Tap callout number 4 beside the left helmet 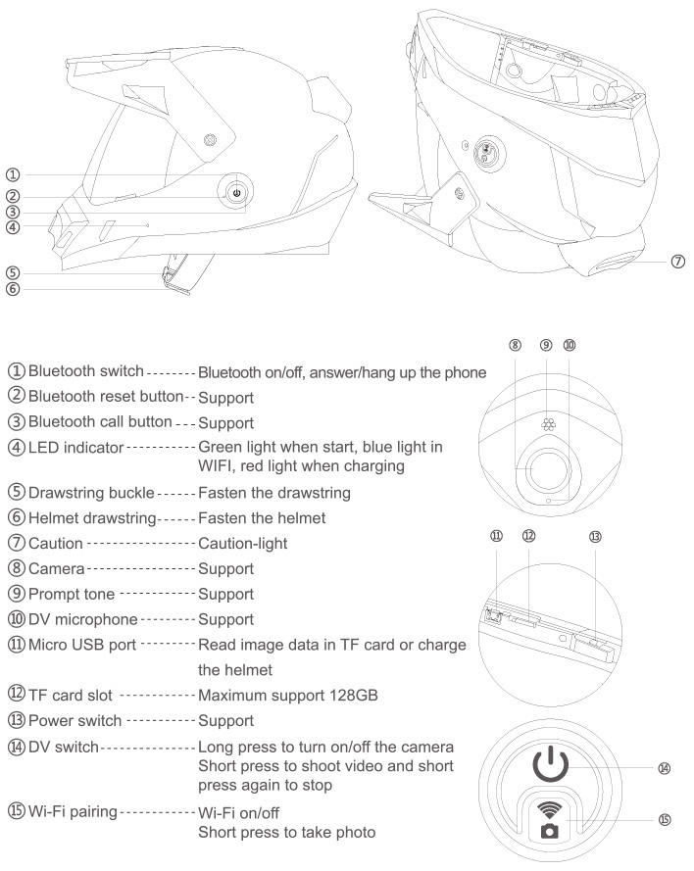coord(12,227)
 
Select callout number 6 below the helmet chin coord(12,288)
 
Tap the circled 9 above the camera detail coord(546,345)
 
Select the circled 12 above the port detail coord(528,537)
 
